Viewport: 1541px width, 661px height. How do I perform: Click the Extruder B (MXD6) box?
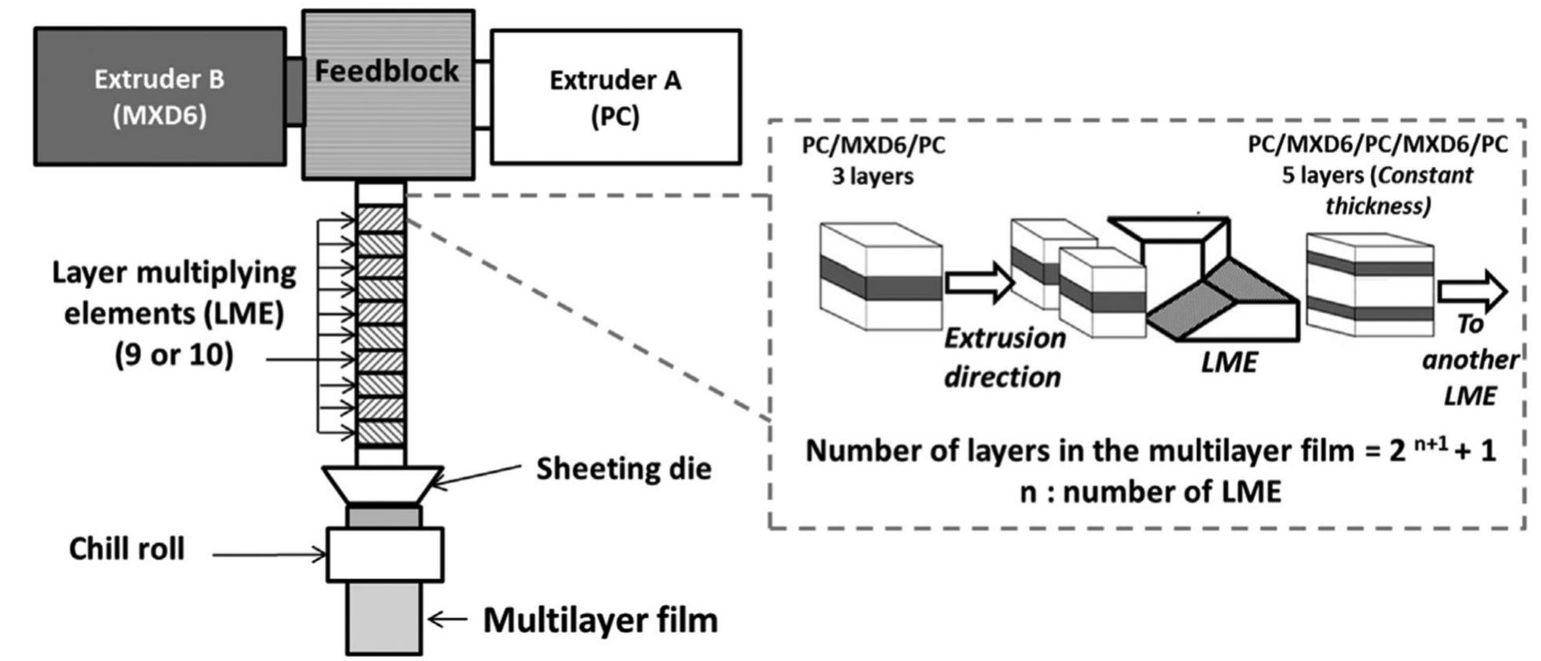pos(159,96)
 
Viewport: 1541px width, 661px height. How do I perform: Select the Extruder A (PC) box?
pos(615,97)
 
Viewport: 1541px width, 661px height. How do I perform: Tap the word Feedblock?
pos(386,71)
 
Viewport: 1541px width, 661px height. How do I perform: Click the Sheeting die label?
pos(623,469)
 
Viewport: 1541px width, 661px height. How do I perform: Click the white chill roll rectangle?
pos(385,555)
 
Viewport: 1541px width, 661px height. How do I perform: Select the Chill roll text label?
pos(126,549)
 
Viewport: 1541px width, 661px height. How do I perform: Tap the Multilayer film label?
pos(600,620)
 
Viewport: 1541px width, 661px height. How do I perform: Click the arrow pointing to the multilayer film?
pos(447,620)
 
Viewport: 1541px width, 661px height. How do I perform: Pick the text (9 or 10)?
pos(173,355)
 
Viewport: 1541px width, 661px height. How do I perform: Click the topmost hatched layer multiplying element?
pos(381,218)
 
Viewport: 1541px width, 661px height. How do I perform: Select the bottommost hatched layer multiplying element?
pos(381,433)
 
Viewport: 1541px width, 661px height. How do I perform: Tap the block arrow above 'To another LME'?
pos(1471,292)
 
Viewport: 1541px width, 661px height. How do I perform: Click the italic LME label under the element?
pos(1229,362)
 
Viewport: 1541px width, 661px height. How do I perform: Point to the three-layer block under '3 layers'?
pos(880,276)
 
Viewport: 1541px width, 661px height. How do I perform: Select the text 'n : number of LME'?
pos(1150,492)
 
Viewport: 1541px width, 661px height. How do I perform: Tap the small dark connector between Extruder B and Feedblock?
pos(294,91)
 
